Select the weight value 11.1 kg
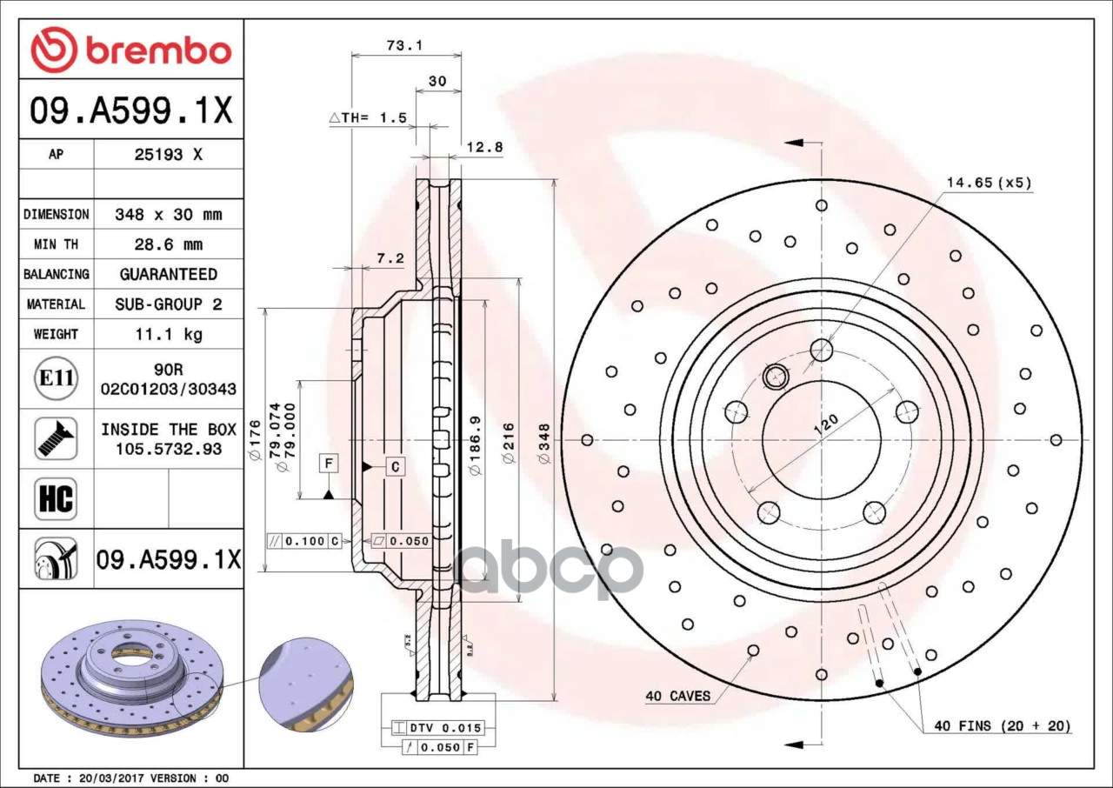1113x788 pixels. tap(168, 334)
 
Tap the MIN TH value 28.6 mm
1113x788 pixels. tap(168, 244)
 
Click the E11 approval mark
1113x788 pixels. tap(56, 378)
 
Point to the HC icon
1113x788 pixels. tap(56, 499)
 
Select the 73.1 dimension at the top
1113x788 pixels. tap(405, 46)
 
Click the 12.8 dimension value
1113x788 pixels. tap(484, 147)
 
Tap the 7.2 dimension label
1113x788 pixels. tap(390, 258)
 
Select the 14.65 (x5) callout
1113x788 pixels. tap(989, 183)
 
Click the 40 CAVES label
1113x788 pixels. tap(677, 696)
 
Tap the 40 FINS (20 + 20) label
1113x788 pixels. tap(1002, 725)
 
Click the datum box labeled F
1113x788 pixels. tap(329, 463)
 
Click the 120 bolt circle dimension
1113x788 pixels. tap(826, 425)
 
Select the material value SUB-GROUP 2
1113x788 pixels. tap(168, 304)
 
